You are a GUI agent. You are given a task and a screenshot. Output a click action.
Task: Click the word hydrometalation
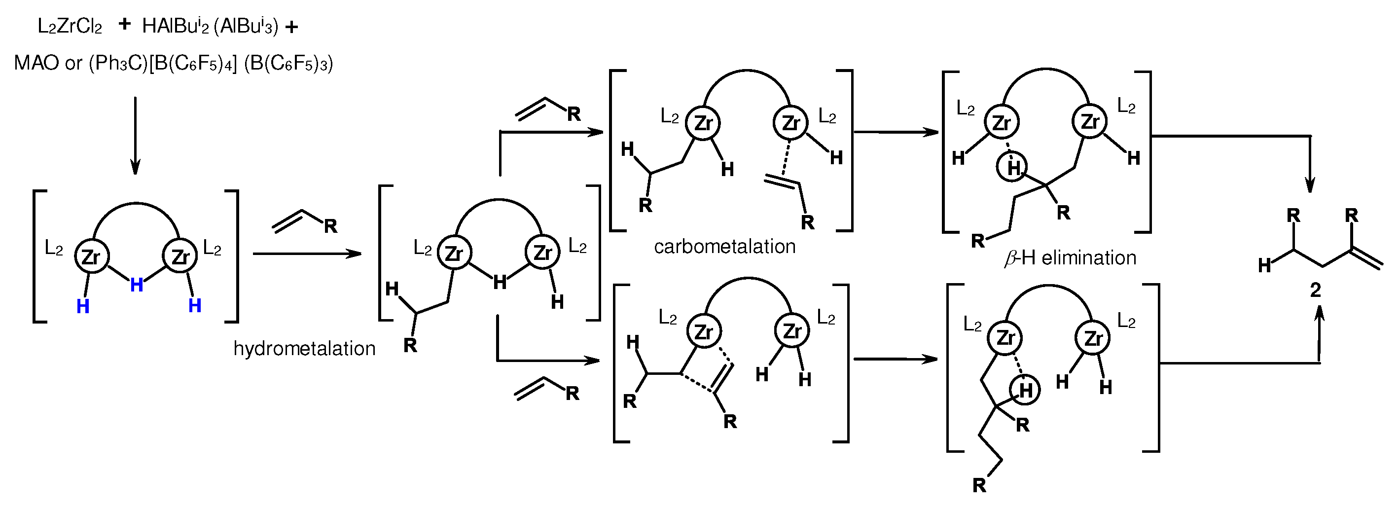(x=304, y=348)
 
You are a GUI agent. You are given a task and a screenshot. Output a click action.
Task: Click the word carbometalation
(x=724, y=247)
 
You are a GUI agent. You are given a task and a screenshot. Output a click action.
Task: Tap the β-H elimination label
(x=1070, y=257)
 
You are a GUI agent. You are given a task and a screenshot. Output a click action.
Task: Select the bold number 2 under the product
(x=1315, y=290)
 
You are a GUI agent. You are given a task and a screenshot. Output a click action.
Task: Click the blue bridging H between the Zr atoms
(x=137, y=284)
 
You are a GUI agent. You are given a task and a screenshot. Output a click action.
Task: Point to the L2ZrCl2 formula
(x=70, y=26)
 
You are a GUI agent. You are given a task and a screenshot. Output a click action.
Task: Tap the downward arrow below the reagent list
(x=135, y=136)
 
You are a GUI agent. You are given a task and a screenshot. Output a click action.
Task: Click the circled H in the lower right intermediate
(x=1025, y=390)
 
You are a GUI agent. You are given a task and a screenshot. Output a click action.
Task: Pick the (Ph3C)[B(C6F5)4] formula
(x=163, y=63)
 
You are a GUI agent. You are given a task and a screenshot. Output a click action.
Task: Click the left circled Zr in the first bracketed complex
(x=91, y=256)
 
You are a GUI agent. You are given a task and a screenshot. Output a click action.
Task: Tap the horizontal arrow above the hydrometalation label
(x=307, y=254)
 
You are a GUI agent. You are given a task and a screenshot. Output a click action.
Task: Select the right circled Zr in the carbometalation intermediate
(x=790, y=123)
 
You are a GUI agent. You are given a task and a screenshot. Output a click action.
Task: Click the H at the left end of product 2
(x=1265, y=266)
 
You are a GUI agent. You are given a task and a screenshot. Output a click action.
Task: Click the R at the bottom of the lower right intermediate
(x=979, y=485)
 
